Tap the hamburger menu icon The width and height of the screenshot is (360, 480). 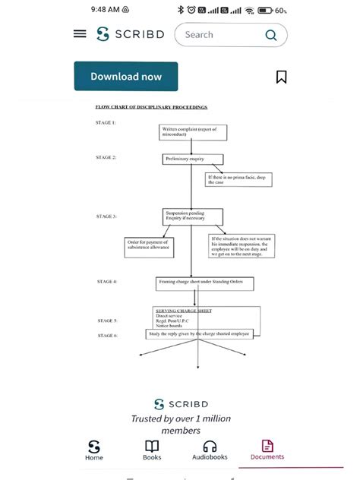click(x=80, y=34)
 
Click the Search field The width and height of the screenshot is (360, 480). click(x=230, y=35)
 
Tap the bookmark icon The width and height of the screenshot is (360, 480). click(x=281, y=77)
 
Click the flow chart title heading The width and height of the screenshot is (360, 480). click(x=151, y=107)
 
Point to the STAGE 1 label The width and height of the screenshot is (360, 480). click(x=106, y=122)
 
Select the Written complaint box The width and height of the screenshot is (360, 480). click(x=193, y=132)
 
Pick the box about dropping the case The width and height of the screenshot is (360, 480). click(x=238, y=180)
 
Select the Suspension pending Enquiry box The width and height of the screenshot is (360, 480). click(x=192, y=216)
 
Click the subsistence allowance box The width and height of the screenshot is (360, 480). click(x=149, y=246)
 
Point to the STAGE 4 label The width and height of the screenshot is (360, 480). click(x=106, y=282)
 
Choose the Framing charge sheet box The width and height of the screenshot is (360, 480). click(x=204, y=283)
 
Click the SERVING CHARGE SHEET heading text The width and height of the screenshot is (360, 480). click(x=183, y=311)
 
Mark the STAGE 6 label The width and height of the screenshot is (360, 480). click(x=107, y=335)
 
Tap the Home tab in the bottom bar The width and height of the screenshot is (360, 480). click(x=94, y=450)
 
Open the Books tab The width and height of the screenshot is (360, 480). click(x=152, y=450)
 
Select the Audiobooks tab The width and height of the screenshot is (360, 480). click(x=210, y=450)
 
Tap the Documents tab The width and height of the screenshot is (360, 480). click(x=267, y=450)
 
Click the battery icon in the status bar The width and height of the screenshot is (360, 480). click(x=266, y=10)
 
